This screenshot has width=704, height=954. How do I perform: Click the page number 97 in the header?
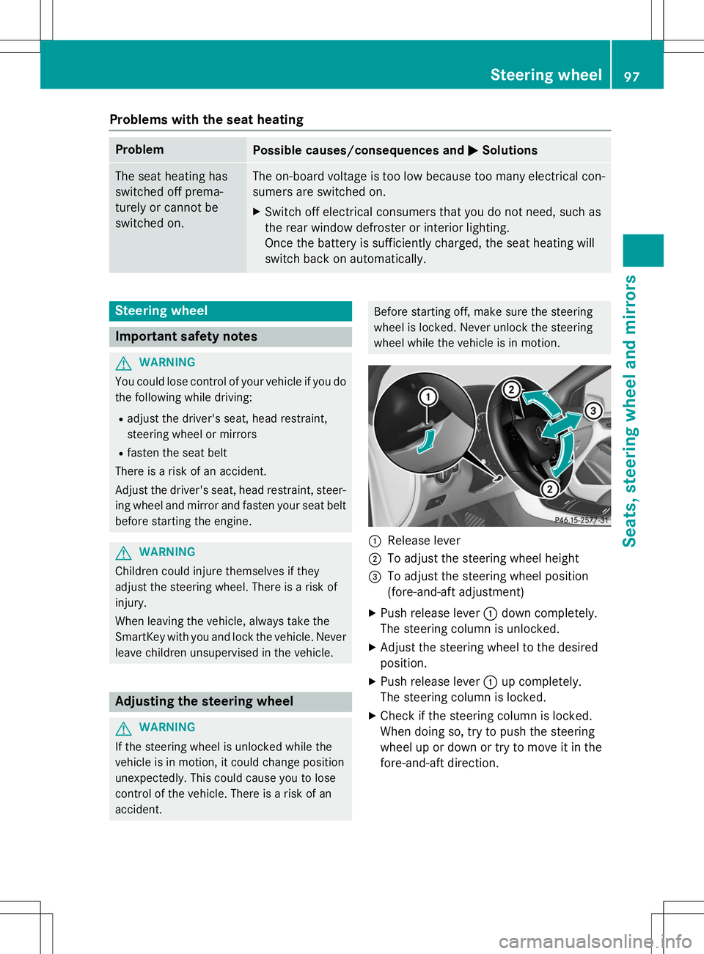tap(631, 76)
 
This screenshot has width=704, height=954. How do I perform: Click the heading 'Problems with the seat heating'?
tap(206, 119)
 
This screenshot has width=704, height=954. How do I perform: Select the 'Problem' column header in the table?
tap(139, 149)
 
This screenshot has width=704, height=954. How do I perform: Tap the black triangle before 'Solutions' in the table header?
tap(473, 150)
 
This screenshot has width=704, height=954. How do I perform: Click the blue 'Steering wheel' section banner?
tap(230, 311)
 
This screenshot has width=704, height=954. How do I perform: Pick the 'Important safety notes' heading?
tap(186, 336)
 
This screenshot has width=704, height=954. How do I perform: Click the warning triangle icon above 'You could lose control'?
tap(123, 363)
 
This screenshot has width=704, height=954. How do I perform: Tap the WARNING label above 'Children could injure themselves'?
tap(166, 552)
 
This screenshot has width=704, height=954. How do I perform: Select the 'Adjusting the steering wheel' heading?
tap(204, 701)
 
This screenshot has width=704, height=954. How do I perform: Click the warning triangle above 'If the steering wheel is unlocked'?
tap(123, 728)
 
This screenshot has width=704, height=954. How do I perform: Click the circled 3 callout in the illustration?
tap(593, 410)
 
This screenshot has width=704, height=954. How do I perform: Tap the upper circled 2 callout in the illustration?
tap(511, 389)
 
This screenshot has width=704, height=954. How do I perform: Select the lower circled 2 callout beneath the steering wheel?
tap(549, 489)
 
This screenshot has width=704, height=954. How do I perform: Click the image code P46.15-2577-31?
tap(581, 520)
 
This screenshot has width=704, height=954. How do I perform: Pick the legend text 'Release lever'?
tap(423, 541)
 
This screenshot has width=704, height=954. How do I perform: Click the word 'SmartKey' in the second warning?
tap(140, 637)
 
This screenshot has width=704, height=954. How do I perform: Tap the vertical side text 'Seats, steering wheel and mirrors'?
tap(629, 410)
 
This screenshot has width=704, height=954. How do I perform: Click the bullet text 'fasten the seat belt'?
tap(177, 453)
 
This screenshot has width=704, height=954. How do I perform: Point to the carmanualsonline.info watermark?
tap(595, 941)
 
